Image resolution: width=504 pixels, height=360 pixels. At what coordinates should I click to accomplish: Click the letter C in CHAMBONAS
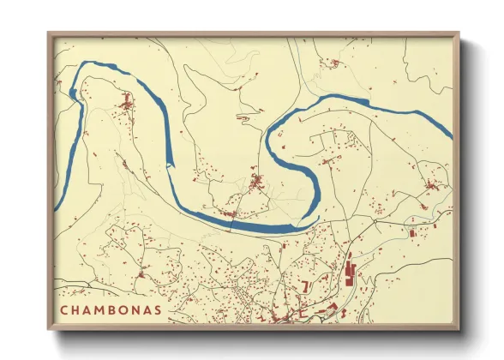pos(64,309)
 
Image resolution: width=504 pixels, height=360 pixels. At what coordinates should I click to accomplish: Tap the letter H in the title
pos(77,309)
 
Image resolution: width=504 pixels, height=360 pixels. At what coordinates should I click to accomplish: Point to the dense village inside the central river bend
pos(256,182)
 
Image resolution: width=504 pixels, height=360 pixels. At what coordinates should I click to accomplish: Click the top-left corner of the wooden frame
pos(49,33)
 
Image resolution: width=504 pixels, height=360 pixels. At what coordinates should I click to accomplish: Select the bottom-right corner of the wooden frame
pos(459,329)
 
